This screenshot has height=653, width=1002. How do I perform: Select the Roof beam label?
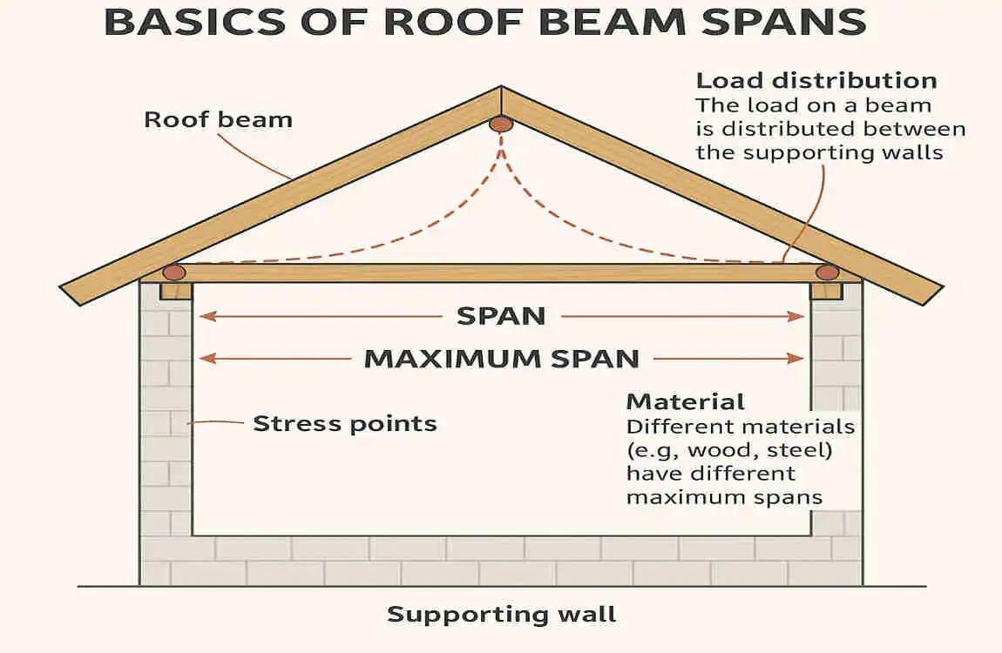coord(218,119)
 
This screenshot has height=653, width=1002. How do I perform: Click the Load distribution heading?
coord(816,81)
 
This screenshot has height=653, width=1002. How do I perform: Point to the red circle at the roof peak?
coord(500,125)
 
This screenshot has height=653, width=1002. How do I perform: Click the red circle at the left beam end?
coord(174,273)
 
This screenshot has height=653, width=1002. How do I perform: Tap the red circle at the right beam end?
coord(827,273)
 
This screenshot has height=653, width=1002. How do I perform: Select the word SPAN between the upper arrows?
coord(501,316)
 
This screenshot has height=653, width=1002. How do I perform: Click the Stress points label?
coord(344,424)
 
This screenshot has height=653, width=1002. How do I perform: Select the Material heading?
coord(686,402)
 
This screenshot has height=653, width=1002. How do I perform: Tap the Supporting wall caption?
coord(501,614)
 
